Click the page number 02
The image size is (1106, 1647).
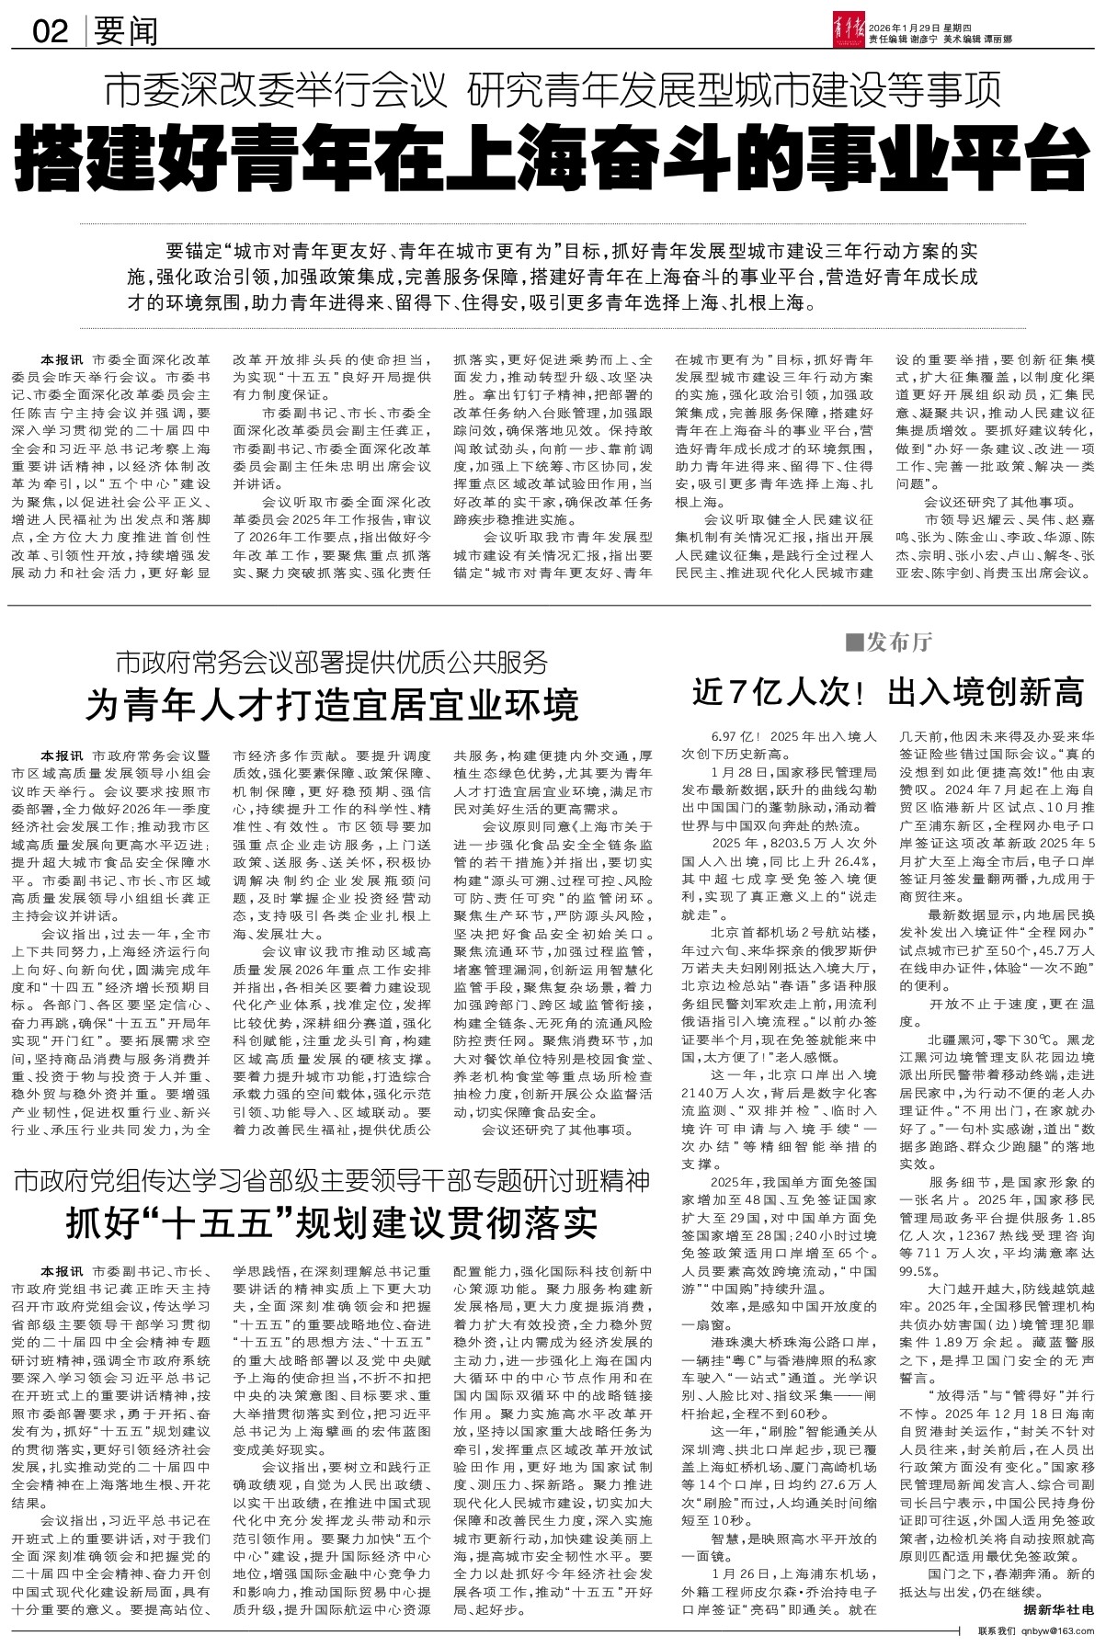(51, 32)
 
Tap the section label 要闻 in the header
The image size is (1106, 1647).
(125, 32)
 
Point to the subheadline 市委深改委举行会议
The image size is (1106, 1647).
(279, 92)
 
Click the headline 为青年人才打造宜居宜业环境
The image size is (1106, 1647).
(332, 704)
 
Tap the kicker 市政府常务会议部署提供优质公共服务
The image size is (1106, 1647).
(332, 661)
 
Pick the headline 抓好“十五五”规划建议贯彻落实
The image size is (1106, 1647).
(332, 1221)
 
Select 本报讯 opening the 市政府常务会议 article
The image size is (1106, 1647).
(60, 754)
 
